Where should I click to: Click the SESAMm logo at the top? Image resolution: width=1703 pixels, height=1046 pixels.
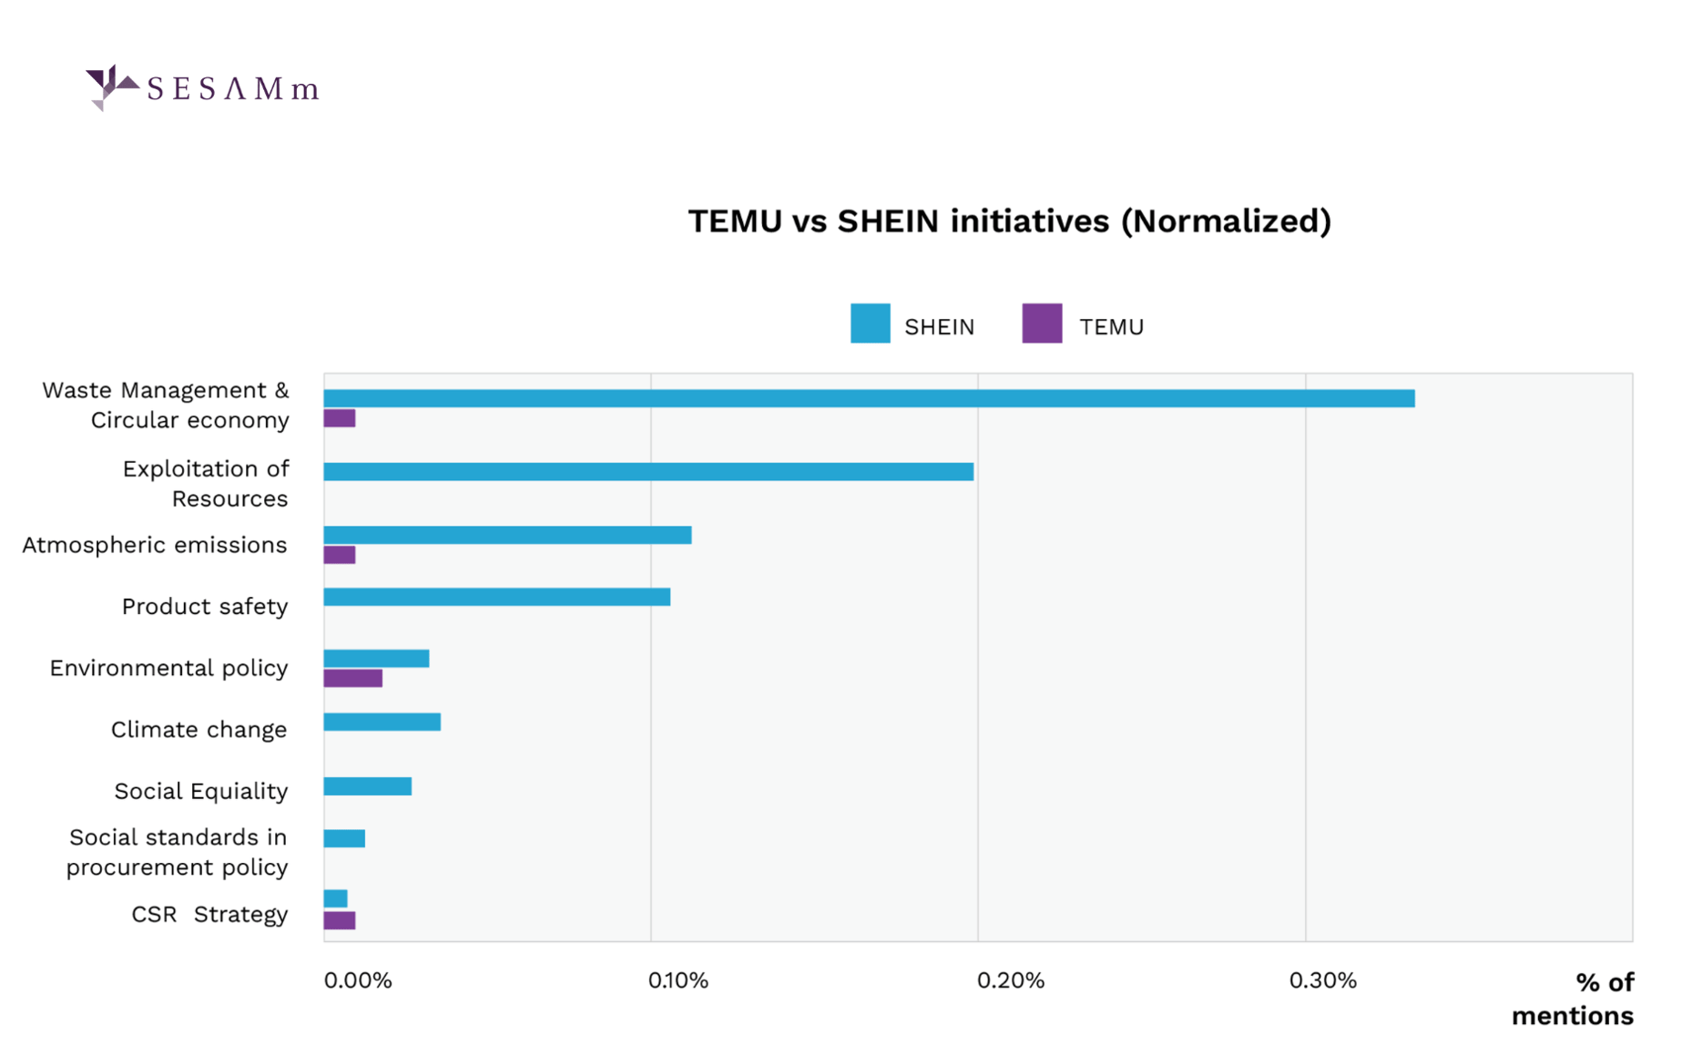(x=202, y=87)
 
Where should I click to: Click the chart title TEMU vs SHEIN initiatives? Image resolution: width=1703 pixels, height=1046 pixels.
(x=1009, y=221)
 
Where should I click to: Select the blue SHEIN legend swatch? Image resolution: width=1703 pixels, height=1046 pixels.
(x=870, y=323)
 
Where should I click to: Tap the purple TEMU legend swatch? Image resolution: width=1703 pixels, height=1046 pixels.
(x=1042, y=323)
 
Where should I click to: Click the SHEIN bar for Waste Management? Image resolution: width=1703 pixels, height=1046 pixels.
(x=869, y=398)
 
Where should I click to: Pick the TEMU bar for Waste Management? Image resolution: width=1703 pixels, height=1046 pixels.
(x=340, y=418)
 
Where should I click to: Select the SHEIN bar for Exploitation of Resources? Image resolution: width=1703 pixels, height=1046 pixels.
(x=648, y=471)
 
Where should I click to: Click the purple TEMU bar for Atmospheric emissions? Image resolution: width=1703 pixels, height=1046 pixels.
(x=340, y=555)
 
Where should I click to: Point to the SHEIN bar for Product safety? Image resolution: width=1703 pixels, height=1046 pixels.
(x=497, y=597)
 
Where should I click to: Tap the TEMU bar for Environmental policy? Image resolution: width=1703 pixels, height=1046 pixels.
(x=353, y=678)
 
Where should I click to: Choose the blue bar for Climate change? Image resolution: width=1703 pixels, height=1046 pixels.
(x=382, y=722)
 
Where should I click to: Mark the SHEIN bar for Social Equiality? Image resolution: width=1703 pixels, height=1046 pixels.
(x=368, y=786)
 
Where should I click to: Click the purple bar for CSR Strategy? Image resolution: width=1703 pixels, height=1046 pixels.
(x=340, y=920)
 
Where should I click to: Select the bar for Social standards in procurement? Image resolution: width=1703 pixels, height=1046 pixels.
(x=344, y=838)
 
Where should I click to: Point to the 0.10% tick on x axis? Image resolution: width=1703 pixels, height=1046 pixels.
(x=678, y=980)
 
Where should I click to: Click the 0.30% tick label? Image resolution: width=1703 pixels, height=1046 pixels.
(x=1322, y=980)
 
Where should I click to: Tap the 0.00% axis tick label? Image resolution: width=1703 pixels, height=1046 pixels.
(x=358, y=980)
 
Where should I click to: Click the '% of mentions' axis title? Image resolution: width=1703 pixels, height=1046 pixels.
(x=1573, y=999)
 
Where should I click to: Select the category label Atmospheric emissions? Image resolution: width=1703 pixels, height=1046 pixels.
(x=155, y=545)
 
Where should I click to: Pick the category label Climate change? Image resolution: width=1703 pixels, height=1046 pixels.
(x=199, y=730)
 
